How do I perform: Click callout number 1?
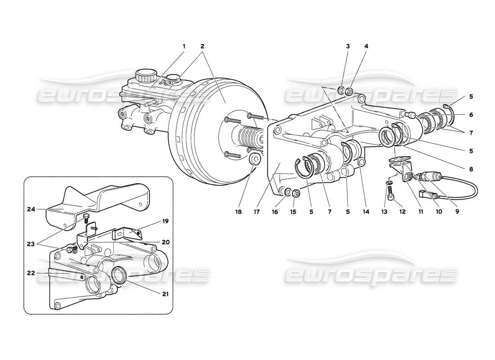pos(184,46)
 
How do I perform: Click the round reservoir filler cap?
pos(145,75)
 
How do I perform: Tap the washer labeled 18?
pos(254,159)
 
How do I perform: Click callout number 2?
pos(202,46)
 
